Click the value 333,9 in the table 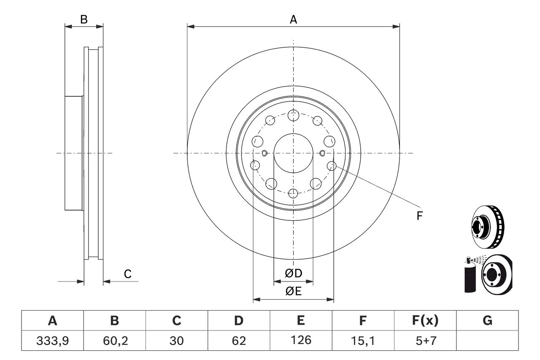(x=52, y=340)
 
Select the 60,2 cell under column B (x=114, y=340)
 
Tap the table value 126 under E (x=301, y=340)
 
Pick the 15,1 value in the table (x=362, y=340)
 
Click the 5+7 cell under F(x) (x=425, y=340)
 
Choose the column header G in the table (x=487, y=321)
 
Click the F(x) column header (x=425, y=321)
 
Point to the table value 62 (x=239, y=340)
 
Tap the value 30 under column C (x=176, y=340)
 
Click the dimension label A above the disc (x=293, y=19)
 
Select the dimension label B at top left (x=84, y=19)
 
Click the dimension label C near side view (x=128, y=274)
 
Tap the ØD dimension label (x=294, y=273)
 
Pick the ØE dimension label (x=294, y=292)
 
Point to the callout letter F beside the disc (x=419, y=216)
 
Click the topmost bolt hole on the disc (x=293, y=114)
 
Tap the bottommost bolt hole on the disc (x=293, y=194)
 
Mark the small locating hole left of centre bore (x=265, y=153)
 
